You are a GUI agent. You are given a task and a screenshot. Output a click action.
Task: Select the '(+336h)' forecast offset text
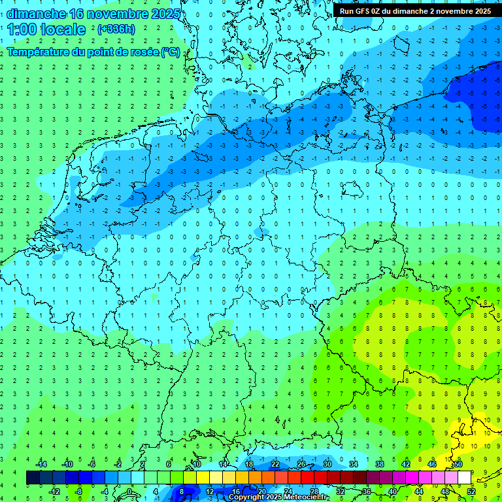point(116,29)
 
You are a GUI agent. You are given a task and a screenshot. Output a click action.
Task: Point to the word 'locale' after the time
point(64,29)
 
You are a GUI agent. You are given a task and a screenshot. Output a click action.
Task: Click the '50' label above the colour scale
point(458,464)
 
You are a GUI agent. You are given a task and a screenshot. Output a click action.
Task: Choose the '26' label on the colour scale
point(301,464)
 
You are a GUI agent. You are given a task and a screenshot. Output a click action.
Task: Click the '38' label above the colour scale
point(379,464)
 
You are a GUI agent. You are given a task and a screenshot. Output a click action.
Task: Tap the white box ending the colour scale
point(464,478)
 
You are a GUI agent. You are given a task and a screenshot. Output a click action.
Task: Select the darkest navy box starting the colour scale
point(33,478)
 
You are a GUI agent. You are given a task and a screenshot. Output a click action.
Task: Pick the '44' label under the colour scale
point(418,492)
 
